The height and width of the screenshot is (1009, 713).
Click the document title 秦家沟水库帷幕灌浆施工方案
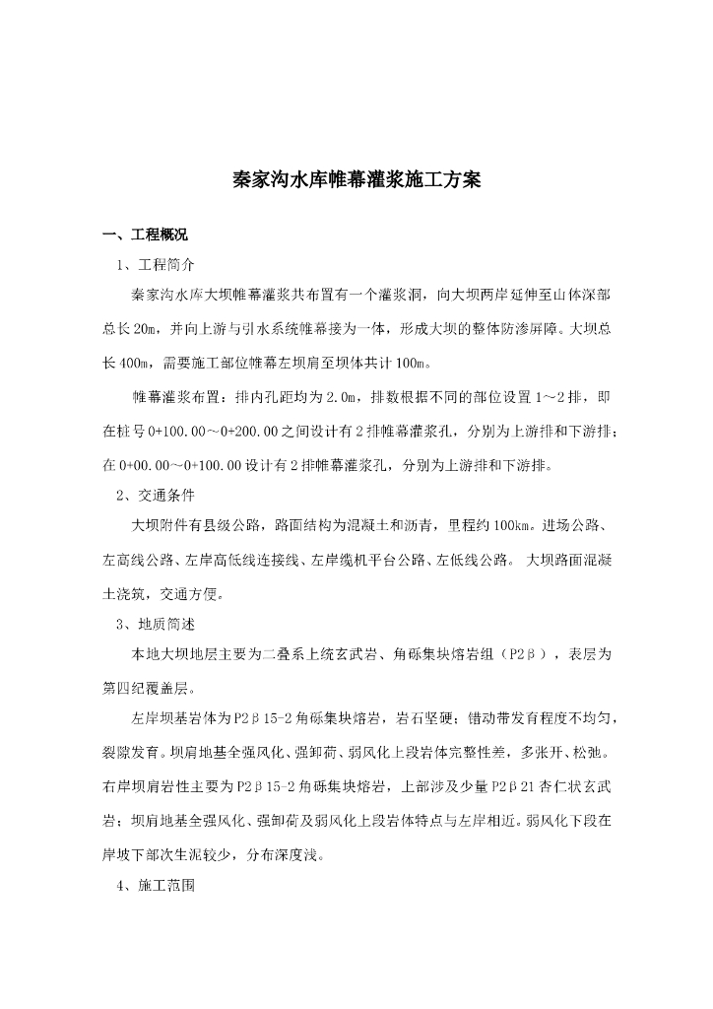pos(356,181)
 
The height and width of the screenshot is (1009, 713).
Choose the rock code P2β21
pos(521,788)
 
